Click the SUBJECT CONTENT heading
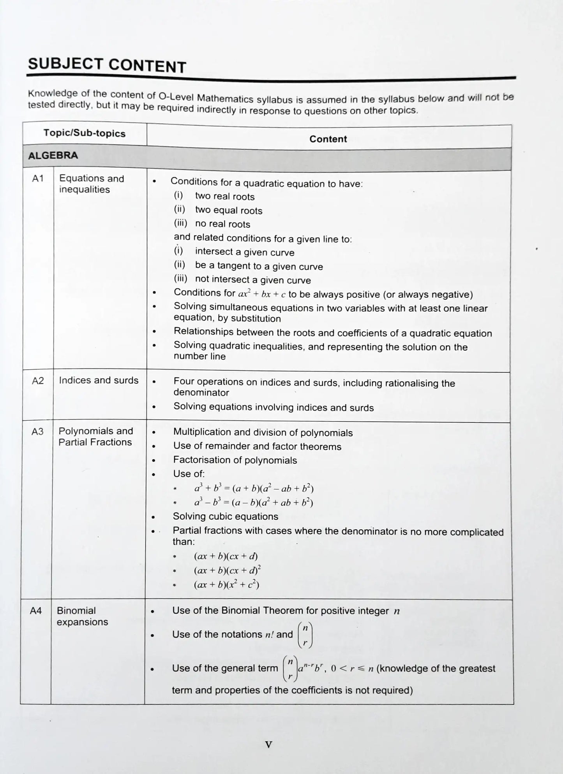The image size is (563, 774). point(107,65)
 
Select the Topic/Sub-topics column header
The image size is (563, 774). point(84,133)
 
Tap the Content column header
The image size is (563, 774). point(328,139)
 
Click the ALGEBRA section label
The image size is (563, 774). point(53,155)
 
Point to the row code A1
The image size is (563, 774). point(37,179)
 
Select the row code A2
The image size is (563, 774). point(37,381)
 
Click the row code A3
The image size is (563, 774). point(37,432)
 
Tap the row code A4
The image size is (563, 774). point(36,611)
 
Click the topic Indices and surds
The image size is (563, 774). point(99,380)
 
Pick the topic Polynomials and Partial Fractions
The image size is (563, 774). point(95,437)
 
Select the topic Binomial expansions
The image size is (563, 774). point(82,616)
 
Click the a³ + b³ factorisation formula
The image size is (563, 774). point(254,488)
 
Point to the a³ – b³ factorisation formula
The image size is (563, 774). point(254,502)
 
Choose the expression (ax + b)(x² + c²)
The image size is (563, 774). point(226,584)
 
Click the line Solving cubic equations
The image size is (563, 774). point(225,516)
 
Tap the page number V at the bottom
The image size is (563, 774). point(268,745)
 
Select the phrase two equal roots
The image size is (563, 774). point(229,211)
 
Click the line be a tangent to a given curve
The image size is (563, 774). point(259,266)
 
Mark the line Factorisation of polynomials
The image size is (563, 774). point(235,460)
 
